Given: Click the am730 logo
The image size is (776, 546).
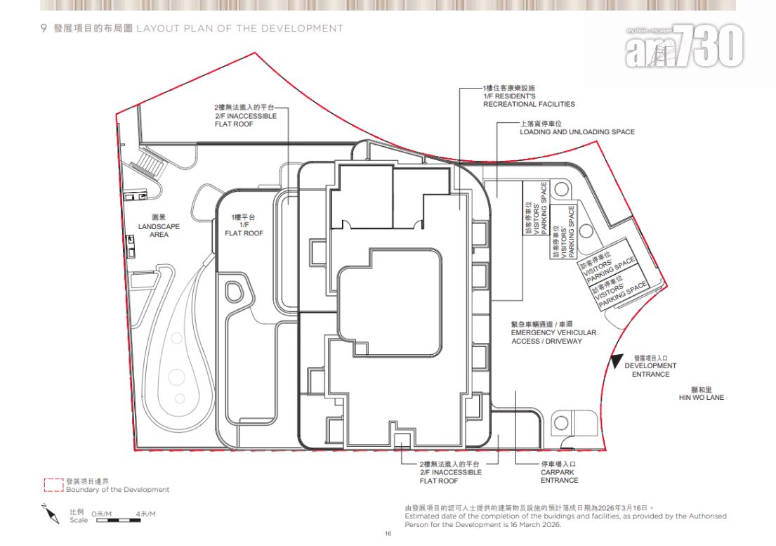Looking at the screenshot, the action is pyautogui.click(x=684, y=46).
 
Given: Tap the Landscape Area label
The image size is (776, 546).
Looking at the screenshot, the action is pyautogui.click(x=159, y=226).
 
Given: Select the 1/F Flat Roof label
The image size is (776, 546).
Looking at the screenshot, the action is pyautogui.click(x=244, y=226).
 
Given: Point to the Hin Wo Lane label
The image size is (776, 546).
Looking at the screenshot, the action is pyautogui.click(x=702, y=394).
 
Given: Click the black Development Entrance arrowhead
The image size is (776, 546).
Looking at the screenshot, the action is pyautogui.click(x=615, y=361).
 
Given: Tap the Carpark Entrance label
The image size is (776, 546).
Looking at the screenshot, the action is pyautogui.click(x=559, y=472).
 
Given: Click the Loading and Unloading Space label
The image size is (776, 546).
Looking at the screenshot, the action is pyautogui.click(x=577, y=128).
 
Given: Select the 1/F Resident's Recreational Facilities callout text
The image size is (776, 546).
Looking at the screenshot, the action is pyautogui.click(x=529, y=96).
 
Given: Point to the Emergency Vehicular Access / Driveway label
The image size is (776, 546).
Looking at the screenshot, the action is pyautogui.click(x=553, y=332).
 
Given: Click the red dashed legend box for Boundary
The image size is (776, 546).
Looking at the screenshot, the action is pyautogui.click(x=53, y=485).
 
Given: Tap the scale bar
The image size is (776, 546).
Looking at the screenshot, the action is pyautogui.click(x=118, y=520).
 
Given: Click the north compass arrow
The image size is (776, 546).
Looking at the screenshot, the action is pyautogui.click(x=51, y=514).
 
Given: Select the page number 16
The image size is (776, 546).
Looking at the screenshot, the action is pyautogui.click(x=388, y=533).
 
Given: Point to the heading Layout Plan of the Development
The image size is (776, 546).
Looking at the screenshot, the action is pyautogui.click(x=239, y=28).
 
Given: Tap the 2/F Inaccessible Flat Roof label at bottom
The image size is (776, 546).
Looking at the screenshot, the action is pyautogui.click(x=450, y=472).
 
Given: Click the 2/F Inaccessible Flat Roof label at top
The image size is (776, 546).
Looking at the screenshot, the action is pyautogui.click(x=246, y=115).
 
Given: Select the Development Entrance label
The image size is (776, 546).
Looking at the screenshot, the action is pyautogui.click(x=650, y=366).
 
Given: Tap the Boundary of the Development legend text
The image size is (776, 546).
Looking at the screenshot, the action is pyautogui.click(x=118, y=490).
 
